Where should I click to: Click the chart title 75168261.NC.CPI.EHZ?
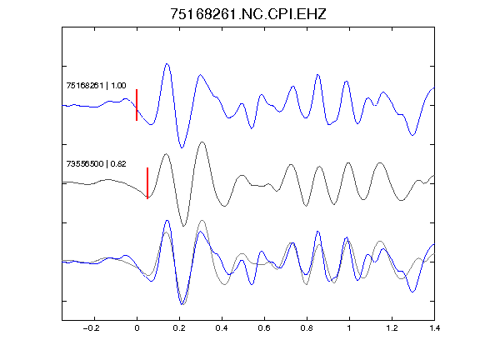click(x=248, y=14)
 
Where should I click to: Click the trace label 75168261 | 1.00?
click(x=96, y=85)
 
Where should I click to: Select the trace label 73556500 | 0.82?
click(x=96, y=164)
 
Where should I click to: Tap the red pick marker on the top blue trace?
click(x=137, y=105)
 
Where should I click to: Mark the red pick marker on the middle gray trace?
click(x=147, y=183)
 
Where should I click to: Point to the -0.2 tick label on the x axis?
click(x=92, y=328)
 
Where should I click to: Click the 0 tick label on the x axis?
click(x=137, y=328)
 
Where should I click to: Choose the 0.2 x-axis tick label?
click(x=179, y=328)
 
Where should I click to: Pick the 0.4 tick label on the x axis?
click(x=222, y=328)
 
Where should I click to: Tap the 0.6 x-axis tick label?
click(x=264, y=328)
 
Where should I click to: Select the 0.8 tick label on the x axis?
click(x=307, y=328)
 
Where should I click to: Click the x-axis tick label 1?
click(x=349, y=328)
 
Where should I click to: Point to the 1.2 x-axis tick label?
click(x=392, y=328)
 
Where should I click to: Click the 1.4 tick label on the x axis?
click(x=434, y=328)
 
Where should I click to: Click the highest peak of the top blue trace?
click(x=167, y=64)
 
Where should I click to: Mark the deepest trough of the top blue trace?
click(x=182, y=147)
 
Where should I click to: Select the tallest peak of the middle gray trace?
click(x=202, y=142)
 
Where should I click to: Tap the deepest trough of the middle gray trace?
click(x=183, y=226)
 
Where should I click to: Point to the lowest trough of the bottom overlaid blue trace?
click(x=182, y=304)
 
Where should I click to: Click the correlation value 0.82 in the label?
click(x=118, y=164)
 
